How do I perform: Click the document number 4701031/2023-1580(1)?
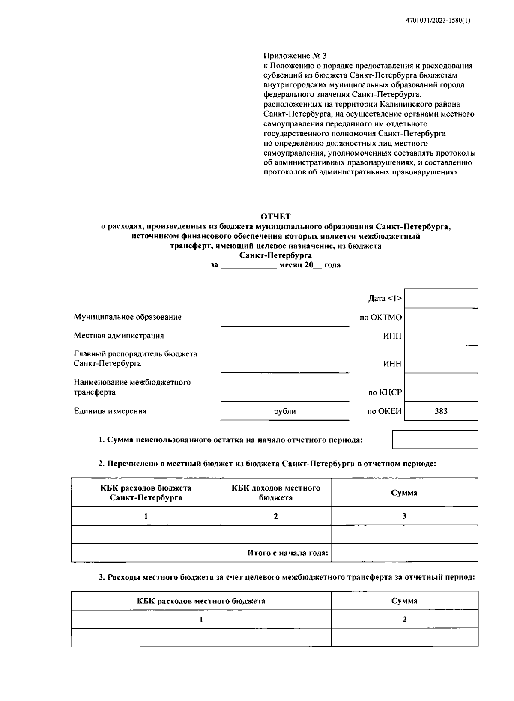[x=438, y=20]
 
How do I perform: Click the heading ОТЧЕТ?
[x=275, y=216]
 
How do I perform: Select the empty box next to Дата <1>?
[x=441, y=298]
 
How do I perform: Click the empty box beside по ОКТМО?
[x=441, y=317]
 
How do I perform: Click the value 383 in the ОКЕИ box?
[x=441, y=411]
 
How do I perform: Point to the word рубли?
[x=285, y=411]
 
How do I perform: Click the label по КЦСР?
[x=385, y=392]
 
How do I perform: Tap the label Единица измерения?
[x=110, y=411]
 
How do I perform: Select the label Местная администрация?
[x=119, y=336]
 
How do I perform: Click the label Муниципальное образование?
[x=128, y=317]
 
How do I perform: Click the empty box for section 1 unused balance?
[x=435, y=440]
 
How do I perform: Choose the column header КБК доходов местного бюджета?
[x=276, y=493]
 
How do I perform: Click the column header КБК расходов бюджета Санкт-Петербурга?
[x=146, y=493]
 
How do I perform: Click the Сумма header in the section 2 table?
[x=404, y=493]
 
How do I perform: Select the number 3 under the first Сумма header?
[x=404, y=516]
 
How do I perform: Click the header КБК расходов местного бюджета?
[x=201, y=601]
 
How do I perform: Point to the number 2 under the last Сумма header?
[x=404, y=619]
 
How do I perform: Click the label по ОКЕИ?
[x=384, y=411]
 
